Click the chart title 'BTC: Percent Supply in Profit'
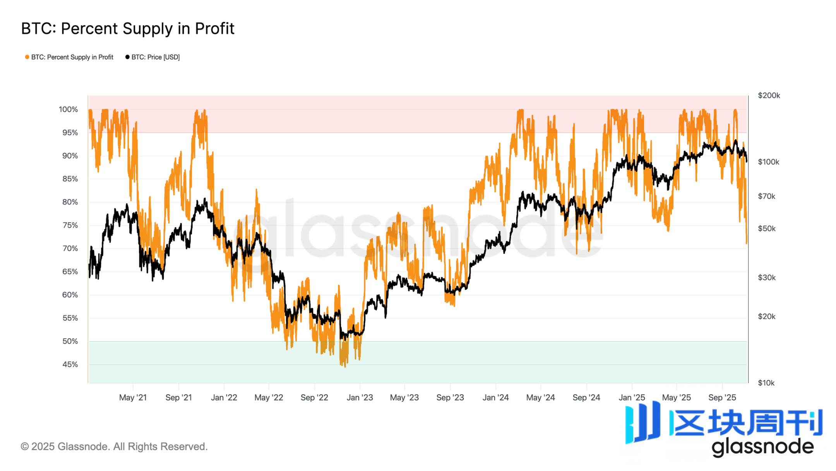[x=128, y=29]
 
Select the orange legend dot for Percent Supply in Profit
[x=27, y=57]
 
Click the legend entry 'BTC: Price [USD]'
[x=155, y=57]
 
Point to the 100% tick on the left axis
[x=68, y=110]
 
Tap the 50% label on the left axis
[x=70, y=342]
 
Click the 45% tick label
[x=70, y=364]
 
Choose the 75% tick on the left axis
[x=70, y=226]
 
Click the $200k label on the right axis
[x=769, y=95]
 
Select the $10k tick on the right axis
[x=766, y=383]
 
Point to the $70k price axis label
[x=766, y=197]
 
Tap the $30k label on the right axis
[x=766, y=278]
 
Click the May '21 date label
[x=133, y=398]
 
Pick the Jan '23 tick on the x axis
[x=360, y=398]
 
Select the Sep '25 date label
[x=722, y=398]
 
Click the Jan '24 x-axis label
[x=495, y=398]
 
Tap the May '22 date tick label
[x=269, y=398]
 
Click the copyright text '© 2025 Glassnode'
[x=114, y=447]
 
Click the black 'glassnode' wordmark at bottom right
[x=762, y=447]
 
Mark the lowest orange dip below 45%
[x=344, y=366]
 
